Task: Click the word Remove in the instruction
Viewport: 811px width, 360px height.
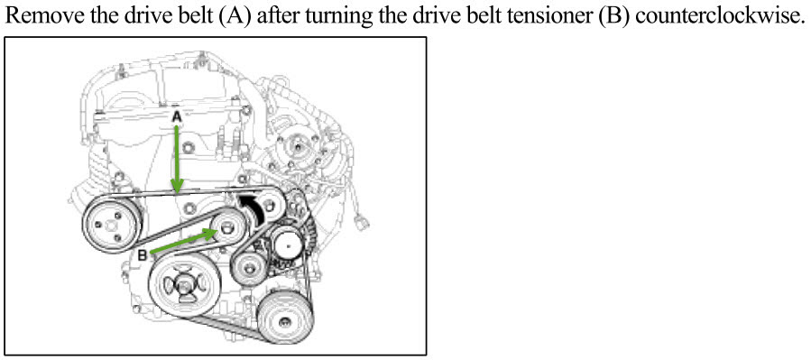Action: point(41,16)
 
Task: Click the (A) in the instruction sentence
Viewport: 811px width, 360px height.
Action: point(235,17)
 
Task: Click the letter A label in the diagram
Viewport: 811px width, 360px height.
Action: point(177,118)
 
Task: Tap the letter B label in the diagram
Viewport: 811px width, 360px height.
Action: point(143,255)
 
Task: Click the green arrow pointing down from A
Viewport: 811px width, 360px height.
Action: point(177,159)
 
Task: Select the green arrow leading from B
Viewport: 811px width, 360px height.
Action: point(182,242)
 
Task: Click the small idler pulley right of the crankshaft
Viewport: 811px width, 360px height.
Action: point(250,268)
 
